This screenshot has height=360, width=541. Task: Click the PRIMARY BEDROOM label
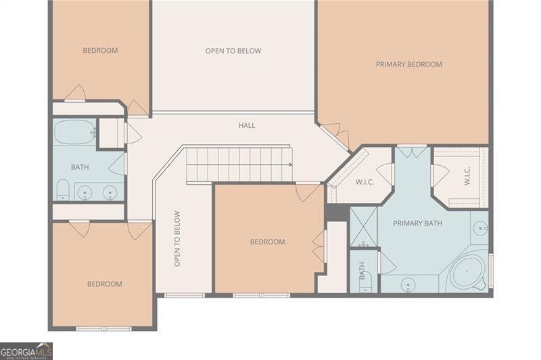click(408, 64)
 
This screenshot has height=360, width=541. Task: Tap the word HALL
click(247, 125)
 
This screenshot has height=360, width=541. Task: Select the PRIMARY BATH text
click(417, 223)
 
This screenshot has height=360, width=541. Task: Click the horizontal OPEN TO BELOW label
click(233, 51)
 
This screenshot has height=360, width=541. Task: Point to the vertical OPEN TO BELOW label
click(178, 238)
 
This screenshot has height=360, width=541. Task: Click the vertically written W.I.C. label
click(467, 177)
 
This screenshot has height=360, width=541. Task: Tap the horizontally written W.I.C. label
click(365, 182)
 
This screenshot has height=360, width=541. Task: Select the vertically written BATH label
click(362, 271)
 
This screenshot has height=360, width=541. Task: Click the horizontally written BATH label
click(80, 167)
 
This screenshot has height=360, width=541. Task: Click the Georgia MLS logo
click(26, 351)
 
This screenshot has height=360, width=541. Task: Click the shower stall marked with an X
click(363, 228)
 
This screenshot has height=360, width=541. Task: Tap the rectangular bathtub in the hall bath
click(74, 133)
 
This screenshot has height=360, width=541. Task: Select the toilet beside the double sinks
click(62, 190)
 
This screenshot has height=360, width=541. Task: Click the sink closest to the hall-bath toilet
click(85, 193)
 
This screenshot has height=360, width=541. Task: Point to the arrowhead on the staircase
click(289, 164)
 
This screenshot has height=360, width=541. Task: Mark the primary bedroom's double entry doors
click(334, 134)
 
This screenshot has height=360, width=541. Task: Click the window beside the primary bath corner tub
click(491, 269)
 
